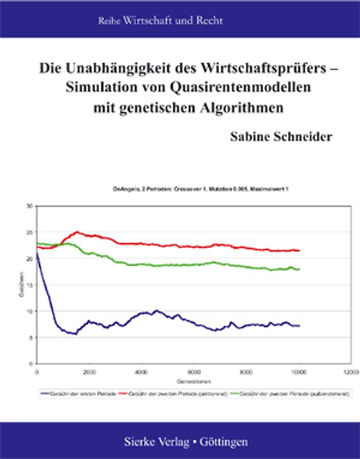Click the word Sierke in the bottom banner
[140, 442]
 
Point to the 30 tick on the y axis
[30, 206]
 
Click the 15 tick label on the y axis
[30, 285]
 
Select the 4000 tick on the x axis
[142, 372]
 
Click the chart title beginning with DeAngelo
[193, 189]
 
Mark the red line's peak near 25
[76, 232]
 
